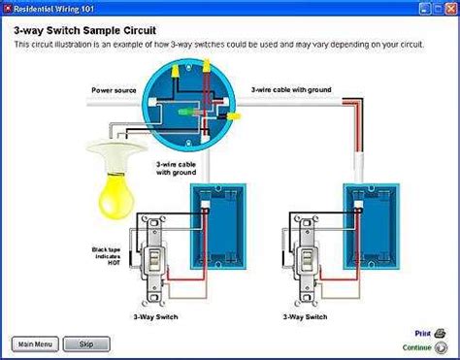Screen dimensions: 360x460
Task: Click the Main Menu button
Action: click(x=36, y=343)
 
